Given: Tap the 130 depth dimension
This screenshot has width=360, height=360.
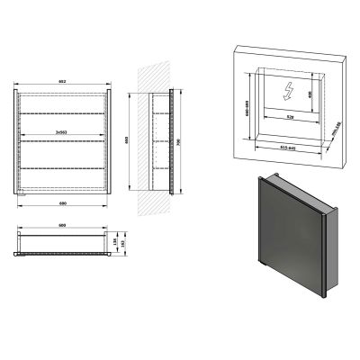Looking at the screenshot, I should click(x=115, y=239).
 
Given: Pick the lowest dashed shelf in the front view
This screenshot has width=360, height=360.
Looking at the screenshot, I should click(x=63, y=169).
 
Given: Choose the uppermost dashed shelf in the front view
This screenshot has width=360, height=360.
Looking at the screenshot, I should click(x=63, y=112).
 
